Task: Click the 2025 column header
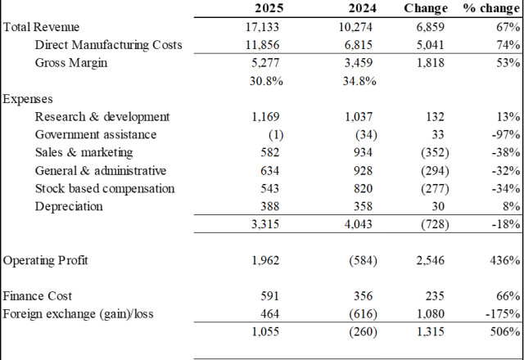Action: click(269, 8)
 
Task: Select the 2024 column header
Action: click(363, 8)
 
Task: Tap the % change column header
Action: click(491, 8)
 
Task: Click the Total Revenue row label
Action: click(41, 27)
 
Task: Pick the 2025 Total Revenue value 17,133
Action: click(262, 27)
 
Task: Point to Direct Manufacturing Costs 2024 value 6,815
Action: click(359, 45)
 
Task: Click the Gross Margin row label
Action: click(71, 63)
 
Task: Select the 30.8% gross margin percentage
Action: click(266, 81)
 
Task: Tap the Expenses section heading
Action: click(28, 99)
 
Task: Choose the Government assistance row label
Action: click(96, 134)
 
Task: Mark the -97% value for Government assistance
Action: click(506, 134)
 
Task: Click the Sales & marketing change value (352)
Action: click(435, 152)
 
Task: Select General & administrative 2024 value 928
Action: click(363, 171)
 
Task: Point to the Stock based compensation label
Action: click(105, 188)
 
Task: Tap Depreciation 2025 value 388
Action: click(269, 206)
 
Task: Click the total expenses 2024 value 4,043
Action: click(359, 223)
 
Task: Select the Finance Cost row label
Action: click(38, 296)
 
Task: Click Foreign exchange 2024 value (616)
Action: click(363, 314)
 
